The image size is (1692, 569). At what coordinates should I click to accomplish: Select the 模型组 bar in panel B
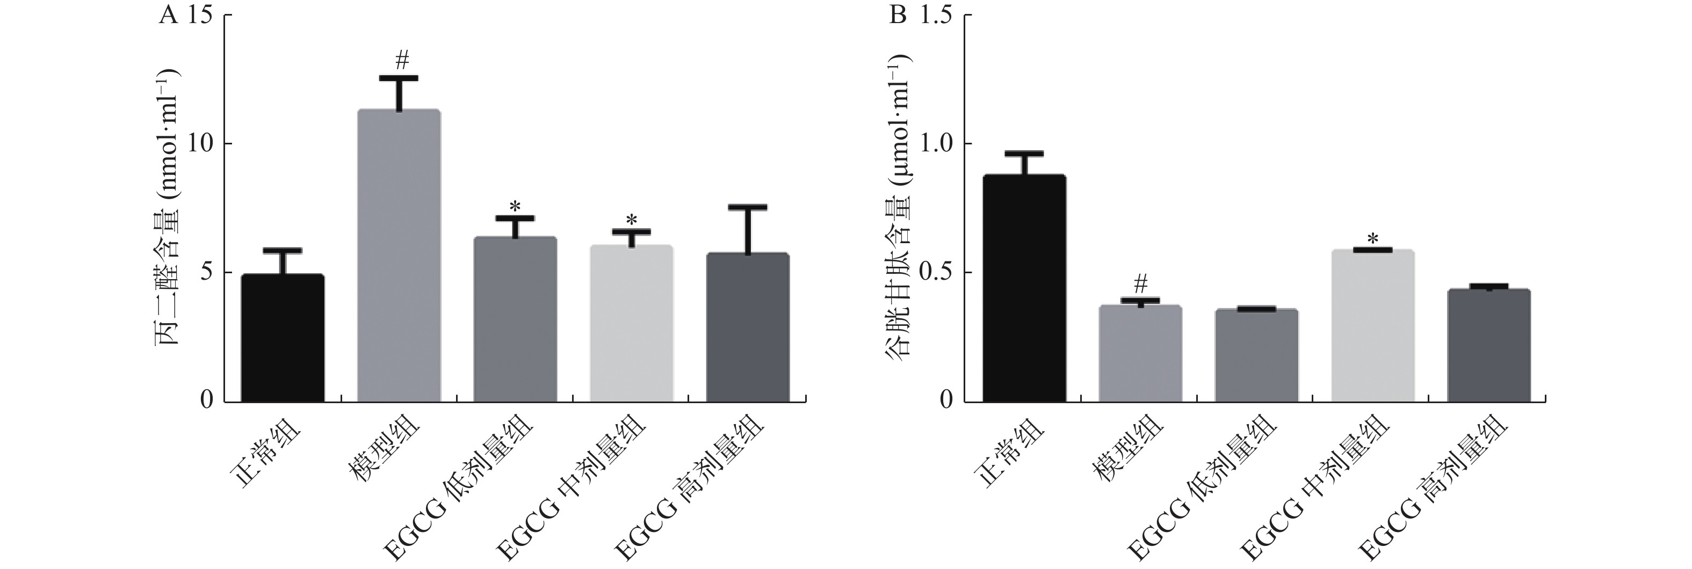[1140, 354]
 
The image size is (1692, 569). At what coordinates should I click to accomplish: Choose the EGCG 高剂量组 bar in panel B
[1489, 345]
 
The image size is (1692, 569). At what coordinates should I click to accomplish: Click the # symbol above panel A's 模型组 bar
[402, 62]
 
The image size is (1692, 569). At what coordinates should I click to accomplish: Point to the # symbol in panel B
[1141, 283]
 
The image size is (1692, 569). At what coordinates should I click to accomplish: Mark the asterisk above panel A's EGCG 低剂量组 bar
[515, 205]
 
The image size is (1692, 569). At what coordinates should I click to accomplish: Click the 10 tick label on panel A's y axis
[201, 144]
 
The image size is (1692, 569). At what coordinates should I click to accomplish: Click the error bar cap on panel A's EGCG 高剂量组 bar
[748, 207]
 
